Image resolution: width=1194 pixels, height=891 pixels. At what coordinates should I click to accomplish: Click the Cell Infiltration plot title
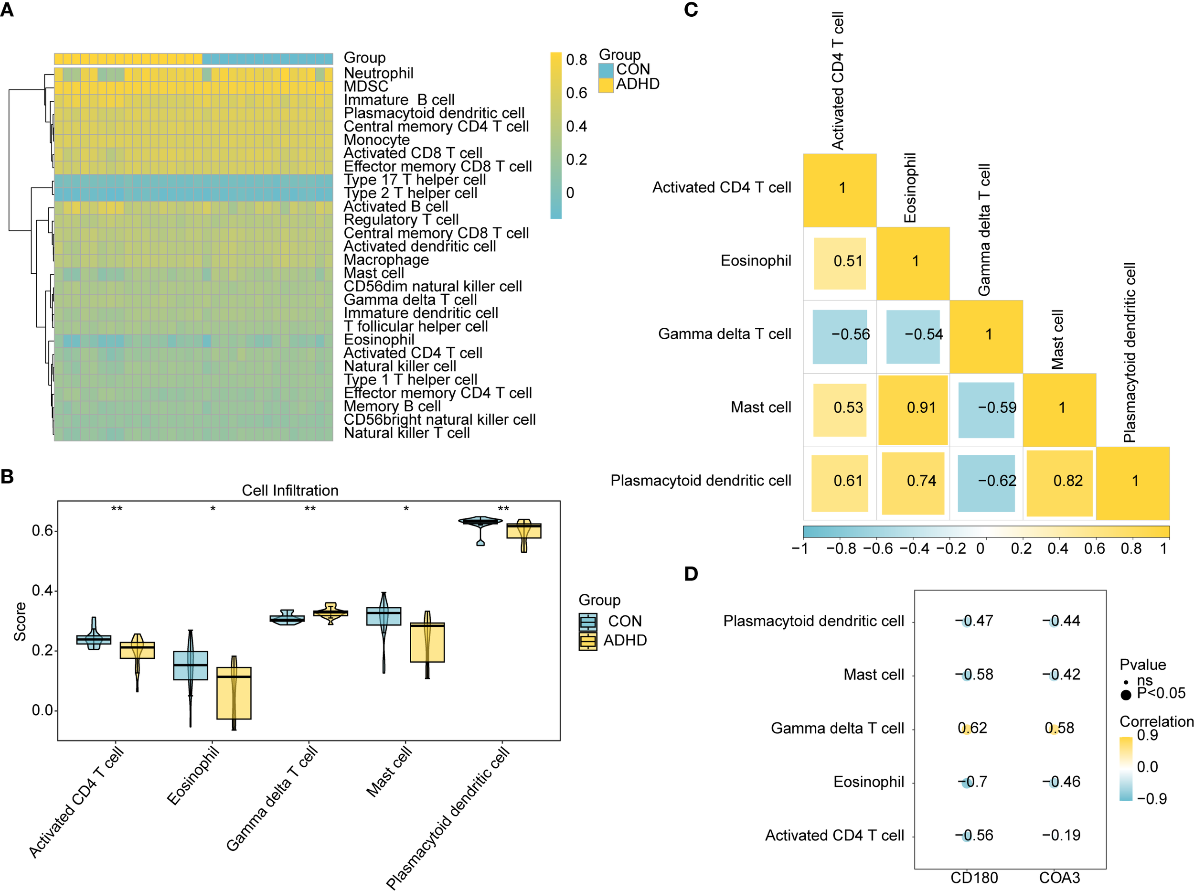(290, 490)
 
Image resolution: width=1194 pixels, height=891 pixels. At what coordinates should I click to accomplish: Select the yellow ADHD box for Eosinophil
(234, 693)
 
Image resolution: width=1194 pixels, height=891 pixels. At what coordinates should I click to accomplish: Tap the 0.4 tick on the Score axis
(42, 590)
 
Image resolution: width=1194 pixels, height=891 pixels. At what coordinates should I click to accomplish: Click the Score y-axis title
(20, 622)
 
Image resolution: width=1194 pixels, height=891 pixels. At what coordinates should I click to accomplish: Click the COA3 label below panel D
(1059, 878)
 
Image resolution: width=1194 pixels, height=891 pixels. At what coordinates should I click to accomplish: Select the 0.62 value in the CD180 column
(972, 728)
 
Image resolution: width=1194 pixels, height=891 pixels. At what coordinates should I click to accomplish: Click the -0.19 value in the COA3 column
(1061, 835)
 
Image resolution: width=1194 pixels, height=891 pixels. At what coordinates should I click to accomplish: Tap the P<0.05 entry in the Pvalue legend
(1161, 693)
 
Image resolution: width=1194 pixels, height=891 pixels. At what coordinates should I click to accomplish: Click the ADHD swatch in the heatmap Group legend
(606, 85)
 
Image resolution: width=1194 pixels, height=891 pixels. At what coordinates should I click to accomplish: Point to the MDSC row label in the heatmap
(365, 86)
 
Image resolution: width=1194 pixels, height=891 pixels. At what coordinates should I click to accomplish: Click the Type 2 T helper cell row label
(410, 193)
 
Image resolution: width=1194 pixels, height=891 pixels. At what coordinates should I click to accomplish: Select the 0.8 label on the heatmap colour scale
(576, 59)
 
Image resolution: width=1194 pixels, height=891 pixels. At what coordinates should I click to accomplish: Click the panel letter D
(691, 574)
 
